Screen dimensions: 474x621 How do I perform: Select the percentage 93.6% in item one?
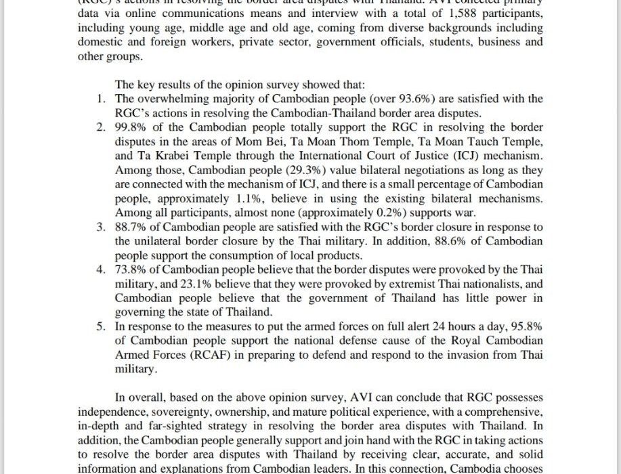click(x=397, y=99)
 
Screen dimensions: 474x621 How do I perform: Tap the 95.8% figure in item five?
click(x=525, y=326)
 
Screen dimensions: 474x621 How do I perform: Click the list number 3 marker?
click(x=100, y=227)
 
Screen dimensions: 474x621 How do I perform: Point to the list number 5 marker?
click(x=100, y=326)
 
